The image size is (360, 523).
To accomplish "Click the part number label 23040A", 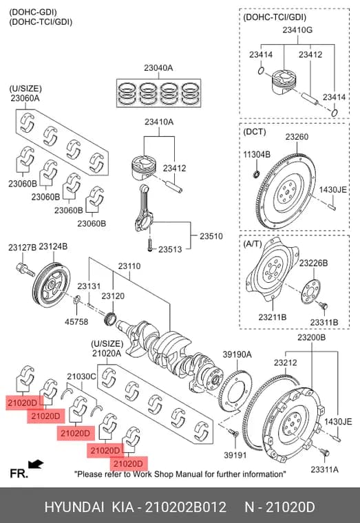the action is tap(158, 68).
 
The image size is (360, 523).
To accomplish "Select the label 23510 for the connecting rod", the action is tap(211, 236).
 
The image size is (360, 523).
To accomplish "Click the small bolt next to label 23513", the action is tap(150, 244).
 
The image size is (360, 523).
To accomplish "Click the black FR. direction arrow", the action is tap(35, 464).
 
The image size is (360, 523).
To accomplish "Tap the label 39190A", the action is tap(237, 354).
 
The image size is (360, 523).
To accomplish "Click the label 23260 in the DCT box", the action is tap(297, 137).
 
